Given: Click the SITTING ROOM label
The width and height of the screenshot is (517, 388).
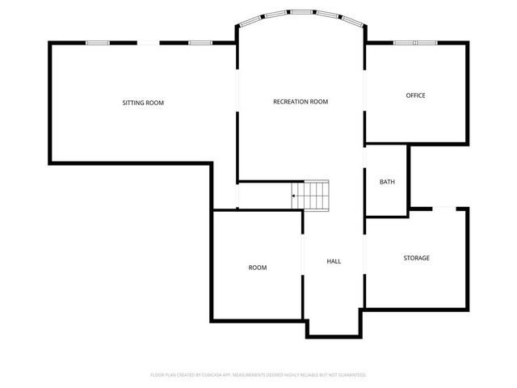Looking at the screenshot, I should coord(143,103).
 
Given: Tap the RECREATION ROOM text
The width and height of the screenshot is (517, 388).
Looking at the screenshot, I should coord(301,102).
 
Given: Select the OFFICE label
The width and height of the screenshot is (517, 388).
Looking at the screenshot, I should coord(415,95).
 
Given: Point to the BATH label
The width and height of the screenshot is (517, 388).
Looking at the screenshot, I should coord(387,182).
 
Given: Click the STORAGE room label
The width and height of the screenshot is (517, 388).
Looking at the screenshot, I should coord(416,258).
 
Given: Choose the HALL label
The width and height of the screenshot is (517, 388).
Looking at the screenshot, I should coord(334,262).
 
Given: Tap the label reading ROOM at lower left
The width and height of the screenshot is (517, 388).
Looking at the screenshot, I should coord(257,268).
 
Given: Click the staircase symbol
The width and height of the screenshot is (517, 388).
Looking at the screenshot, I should coord(312,195).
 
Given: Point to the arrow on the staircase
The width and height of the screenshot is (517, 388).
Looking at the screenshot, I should coord(296,195).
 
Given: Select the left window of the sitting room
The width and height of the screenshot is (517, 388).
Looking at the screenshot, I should coord(98,43).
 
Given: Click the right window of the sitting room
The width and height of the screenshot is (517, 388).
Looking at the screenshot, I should coord(200,43).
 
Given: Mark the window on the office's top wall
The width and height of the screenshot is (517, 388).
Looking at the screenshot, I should coord(415,42).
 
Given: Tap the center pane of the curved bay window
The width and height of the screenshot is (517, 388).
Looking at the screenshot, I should coord(301,13).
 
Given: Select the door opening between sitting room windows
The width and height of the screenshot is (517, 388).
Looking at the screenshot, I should coord(148,43).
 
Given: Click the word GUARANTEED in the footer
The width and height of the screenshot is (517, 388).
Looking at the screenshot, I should coord(351,375).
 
